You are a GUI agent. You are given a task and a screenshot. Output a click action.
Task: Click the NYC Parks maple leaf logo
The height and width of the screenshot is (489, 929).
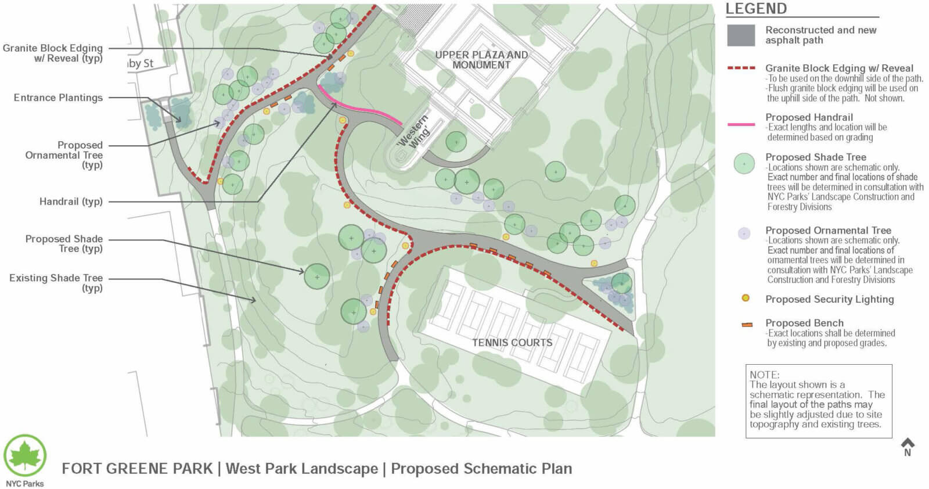(25, 456)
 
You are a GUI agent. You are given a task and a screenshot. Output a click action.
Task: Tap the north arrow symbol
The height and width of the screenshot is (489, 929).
(908, 444)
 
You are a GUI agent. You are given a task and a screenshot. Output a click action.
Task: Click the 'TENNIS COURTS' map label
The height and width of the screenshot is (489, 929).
(512, 343)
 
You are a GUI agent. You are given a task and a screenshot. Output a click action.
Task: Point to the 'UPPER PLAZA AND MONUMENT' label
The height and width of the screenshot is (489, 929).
(481, 60)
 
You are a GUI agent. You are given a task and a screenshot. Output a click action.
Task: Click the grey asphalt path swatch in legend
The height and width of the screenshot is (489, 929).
(741, 35)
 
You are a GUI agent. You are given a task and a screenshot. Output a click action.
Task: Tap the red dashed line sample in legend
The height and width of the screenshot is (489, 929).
(741, 68)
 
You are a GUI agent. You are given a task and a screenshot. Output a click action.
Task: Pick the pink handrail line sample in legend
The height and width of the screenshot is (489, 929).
(741, 124)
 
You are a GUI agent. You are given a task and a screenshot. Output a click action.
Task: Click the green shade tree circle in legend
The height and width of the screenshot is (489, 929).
(744, 164)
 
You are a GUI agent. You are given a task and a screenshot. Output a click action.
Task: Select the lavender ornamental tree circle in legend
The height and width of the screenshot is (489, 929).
(744, 233)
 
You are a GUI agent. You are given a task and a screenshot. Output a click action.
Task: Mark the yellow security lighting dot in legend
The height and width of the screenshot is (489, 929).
(746, 299)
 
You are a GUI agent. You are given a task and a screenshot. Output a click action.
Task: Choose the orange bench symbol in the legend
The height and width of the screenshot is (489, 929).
(747, 325)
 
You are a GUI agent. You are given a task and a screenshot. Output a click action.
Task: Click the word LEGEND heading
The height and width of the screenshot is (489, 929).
(756, 9)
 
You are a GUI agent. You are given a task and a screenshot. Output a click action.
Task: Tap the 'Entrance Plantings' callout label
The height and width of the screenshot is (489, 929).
(58, 98)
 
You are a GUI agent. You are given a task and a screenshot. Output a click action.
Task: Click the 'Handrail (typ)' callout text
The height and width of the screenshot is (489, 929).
(71, 202)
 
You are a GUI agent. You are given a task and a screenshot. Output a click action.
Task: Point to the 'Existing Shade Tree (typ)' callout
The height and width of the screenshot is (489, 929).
(56, 283)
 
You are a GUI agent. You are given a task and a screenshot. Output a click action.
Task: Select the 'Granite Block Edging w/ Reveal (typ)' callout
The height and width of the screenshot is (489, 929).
(53, 53)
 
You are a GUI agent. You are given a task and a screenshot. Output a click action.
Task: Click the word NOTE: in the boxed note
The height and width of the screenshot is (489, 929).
(764, 375)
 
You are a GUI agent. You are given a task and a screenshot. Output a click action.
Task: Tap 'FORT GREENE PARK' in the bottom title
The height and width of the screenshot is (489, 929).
(137, 469)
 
